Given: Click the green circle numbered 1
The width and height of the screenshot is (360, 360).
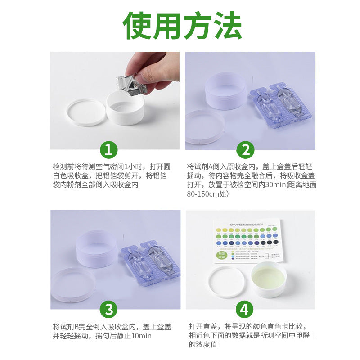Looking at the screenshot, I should pyautogui.click(x=108, y=150).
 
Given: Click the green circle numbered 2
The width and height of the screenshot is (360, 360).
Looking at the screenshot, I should pyautogui.click(x=245, y=150).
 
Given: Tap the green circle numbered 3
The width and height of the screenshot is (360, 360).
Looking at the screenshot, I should pyautogui.click(x=108, y=309).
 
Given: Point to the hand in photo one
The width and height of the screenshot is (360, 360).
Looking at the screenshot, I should pyautogui.click(x=153, y=67).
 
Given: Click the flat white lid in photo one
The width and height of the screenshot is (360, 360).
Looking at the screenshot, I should pyautogui.click(x=86, y=112).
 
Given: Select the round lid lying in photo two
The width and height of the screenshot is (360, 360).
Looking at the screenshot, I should pyautogui.click(x=205, y=126).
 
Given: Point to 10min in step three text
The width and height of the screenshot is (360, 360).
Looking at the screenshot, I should pyautogui.click(x=141, y=336).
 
